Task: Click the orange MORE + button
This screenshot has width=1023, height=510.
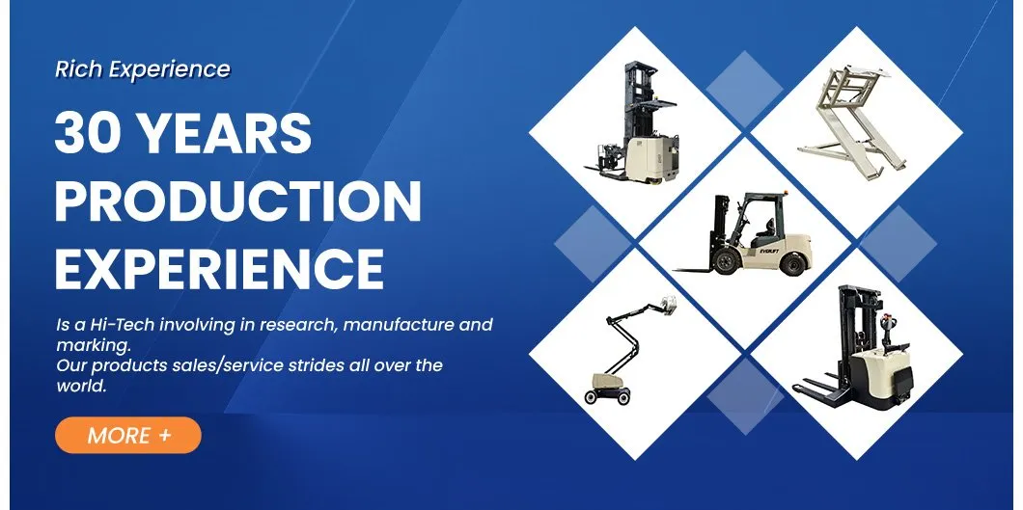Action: tap(127, 435)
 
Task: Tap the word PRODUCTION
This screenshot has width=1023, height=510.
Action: tap(237, 201)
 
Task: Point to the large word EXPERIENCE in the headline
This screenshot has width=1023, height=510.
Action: tap(219, 267)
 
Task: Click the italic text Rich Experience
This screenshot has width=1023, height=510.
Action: tap(143, 69)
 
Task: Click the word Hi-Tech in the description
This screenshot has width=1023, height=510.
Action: tap(121, 325)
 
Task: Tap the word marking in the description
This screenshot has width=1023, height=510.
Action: tap(90, 345)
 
